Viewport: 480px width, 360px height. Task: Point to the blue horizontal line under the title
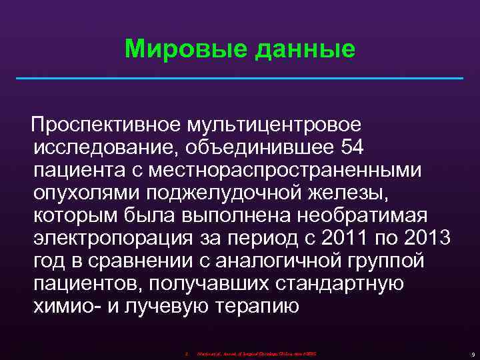[239, 79]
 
